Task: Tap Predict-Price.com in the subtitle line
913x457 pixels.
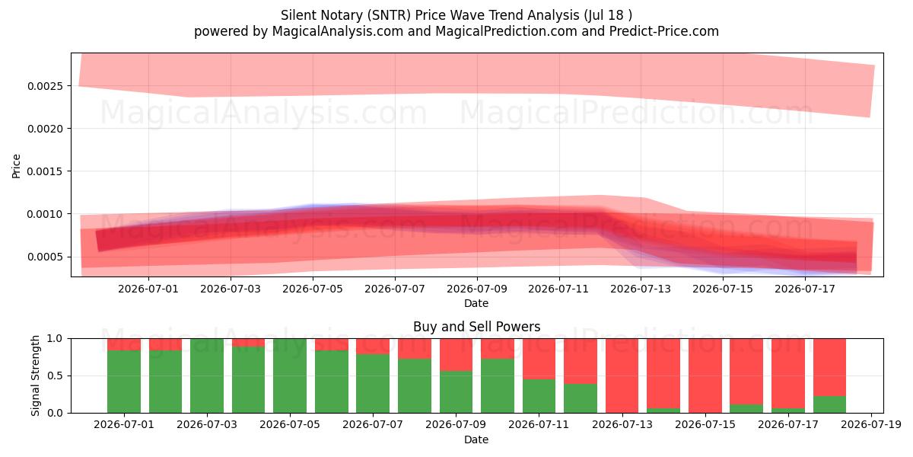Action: pos(664,31)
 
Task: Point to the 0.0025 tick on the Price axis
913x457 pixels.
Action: pos(45,86)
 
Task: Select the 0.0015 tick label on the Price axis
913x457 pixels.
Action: pos(45,171)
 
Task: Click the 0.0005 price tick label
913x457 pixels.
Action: pos(45,257)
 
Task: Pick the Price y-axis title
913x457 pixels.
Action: pos(16,166)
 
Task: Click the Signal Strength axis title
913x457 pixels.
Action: pos(36,376)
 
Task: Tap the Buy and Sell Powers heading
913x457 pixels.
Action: pos(476,327)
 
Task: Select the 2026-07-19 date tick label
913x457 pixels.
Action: pos(871,425)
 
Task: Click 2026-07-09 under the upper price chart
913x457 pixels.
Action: pos(477,289)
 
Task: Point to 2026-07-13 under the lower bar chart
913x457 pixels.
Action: pos(622,425)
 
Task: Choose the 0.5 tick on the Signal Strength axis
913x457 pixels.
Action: pos(56,376)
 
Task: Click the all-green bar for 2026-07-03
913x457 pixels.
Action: pos(207,376)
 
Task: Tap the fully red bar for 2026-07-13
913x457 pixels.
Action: pos(622,376)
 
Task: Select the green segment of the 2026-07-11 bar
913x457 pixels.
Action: pos(539,396)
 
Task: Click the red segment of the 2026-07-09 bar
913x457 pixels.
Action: pos(456,355)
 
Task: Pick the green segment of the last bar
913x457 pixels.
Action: pos(829,404)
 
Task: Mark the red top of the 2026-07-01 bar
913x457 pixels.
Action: pos(124,344)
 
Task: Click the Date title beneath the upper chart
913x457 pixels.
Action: pos(476,304)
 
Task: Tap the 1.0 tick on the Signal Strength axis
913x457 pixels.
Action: pos(56,339)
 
